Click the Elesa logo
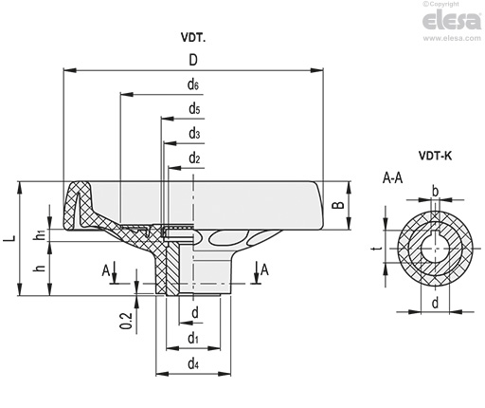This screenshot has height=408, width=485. [452, 20]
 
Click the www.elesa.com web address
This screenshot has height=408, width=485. [452, 38]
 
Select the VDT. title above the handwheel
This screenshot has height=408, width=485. [193, 38]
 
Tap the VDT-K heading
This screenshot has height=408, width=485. [435, 156]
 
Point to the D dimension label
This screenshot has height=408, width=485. [193, 60]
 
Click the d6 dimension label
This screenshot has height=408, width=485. [193, 84]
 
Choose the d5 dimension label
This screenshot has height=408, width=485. [194, 109]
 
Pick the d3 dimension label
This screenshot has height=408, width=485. [194, 134]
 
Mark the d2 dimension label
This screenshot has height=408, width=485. [194, 158]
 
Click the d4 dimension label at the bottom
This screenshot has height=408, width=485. [193, 364]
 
